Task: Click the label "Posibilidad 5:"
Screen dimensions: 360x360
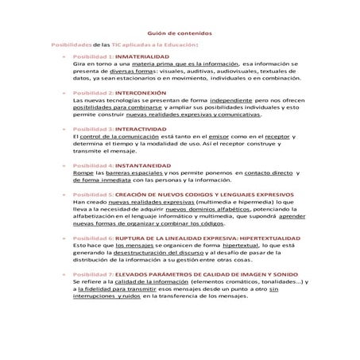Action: [93, 193]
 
